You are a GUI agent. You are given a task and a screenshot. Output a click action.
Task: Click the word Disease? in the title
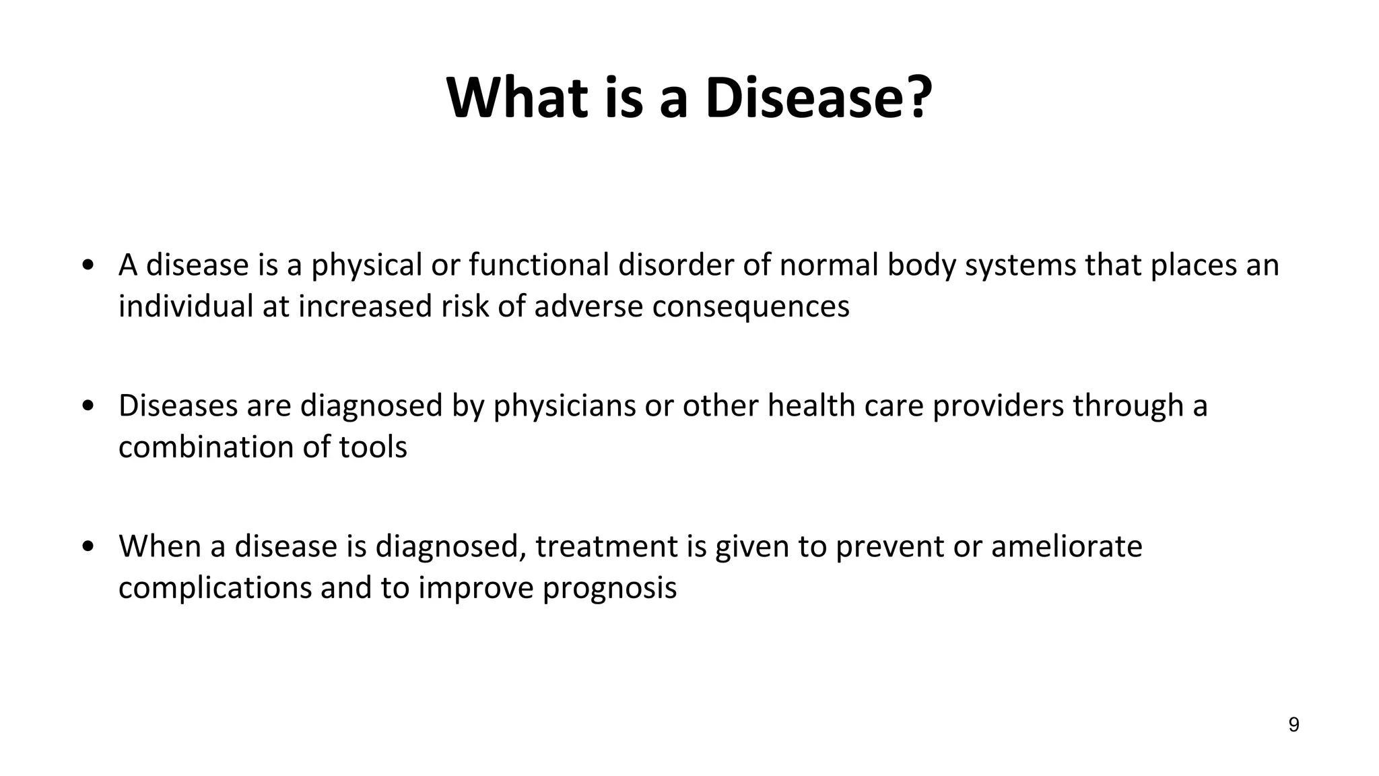tap(819, 98)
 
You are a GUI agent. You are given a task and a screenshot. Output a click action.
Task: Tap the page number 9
tap(1293, 725)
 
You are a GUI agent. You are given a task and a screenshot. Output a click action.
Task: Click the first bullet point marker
tap(87, 265)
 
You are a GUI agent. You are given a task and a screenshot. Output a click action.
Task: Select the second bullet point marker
tap(87, 406)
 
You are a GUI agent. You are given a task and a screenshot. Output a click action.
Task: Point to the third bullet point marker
tap(87, 547)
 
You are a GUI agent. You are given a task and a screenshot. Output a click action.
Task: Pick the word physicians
tap(564, 406)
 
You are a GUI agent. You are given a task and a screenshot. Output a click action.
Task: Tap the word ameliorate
tap(1067, 547)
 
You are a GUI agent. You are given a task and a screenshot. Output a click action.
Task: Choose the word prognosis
tap(609, 588)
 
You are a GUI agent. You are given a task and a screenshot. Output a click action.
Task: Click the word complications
tap(215, 588)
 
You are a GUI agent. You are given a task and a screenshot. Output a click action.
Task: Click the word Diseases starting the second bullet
tap(178, 406)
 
